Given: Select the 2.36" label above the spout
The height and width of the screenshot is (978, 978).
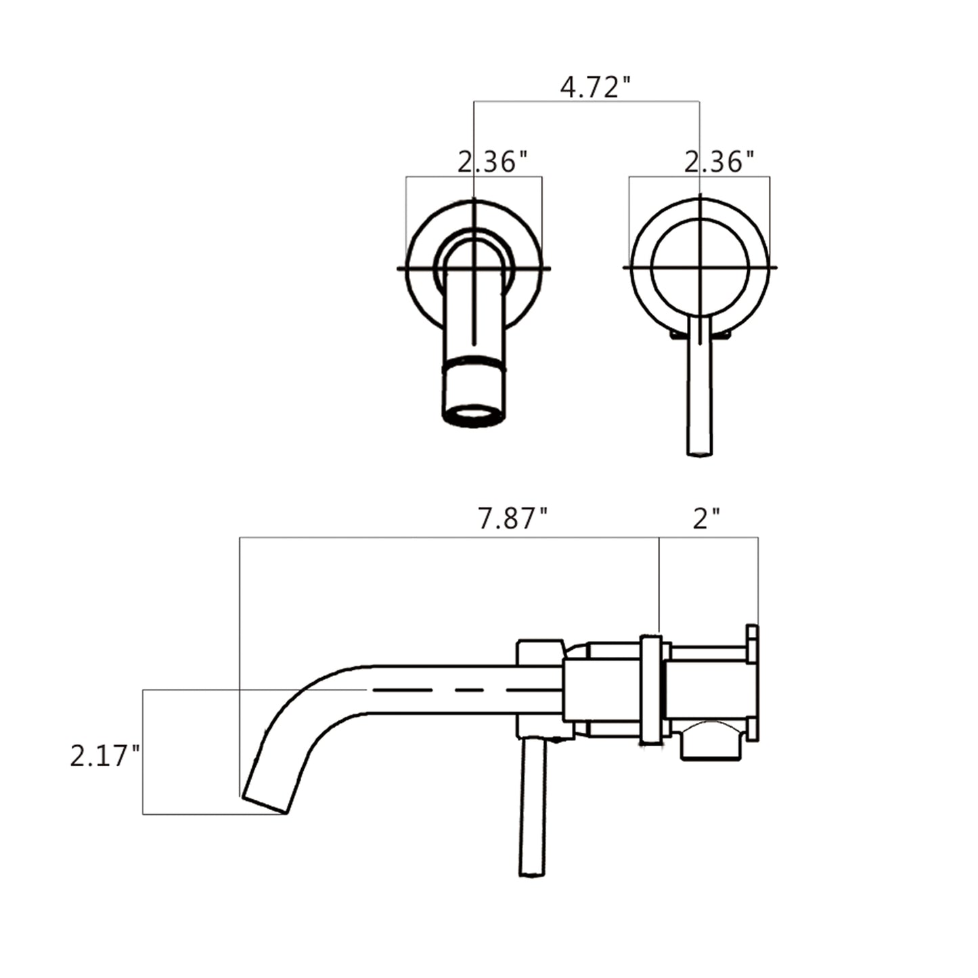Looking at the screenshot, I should click(492, 162).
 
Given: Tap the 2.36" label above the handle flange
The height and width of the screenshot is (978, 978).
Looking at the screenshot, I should click(719, 162).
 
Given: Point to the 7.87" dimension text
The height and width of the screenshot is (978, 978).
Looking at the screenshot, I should click(512, 519).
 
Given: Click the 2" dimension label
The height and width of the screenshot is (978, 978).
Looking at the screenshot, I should click(707, 519).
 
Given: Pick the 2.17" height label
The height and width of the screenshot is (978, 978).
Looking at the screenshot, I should click(105, 756).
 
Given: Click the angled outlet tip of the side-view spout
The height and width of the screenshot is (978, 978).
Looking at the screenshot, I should click(265, 803).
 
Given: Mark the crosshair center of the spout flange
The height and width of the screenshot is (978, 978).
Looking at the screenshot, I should click(474, 268).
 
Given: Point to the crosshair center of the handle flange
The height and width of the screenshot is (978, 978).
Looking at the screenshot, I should click(700, 267).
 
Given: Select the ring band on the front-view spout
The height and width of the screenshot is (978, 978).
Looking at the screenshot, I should click(474, 363).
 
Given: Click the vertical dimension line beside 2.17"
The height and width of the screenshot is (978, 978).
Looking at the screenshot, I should click(143, 751).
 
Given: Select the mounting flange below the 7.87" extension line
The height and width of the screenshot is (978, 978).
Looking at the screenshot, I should click(651, 690).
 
